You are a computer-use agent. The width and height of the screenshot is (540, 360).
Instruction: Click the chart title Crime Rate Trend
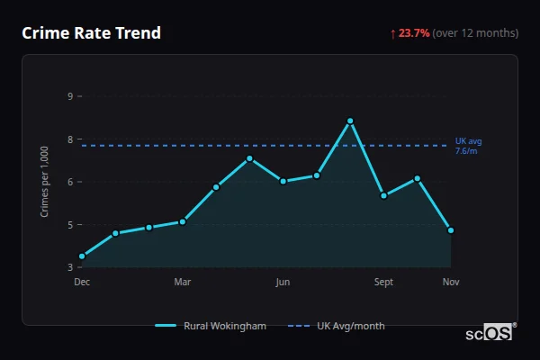91,33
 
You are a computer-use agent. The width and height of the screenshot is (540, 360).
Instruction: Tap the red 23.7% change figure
414,33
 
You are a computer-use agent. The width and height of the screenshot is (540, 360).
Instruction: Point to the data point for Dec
82,256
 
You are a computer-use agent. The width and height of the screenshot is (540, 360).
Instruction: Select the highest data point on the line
350,121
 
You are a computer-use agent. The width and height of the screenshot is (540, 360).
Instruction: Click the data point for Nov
451,230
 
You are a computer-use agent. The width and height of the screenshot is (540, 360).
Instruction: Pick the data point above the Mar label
183,221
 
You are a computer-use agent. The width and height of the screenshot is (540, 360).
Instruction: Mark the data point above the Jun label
283,181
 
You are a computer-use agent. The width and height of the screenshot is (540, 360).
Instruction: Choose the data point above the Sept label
384,195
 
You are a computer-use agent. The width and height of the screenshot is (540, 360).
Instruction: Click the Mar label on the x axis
183,283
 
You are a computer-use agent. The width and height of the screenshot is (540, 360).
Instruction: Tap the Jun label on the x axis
283,283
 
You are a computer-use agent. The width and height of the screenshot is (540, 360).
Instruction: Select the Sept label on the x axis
384,283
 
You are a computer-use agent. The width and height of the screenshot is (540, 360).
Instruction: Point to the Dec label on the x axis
82,283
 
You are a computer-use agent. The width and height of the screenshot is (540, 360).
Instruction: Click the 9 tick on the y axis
69,95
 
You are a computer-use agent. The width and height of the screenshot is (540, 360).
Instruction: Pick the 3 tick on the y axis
69,267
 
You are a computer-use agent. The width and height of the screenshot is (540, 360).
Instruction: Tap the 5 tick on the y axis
69,225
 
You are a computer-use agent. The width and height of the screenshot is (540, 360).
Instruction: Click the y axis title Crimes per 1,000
45,181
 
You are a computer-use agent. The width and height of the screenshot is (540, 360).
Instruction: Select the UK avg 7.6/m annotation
469,146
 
